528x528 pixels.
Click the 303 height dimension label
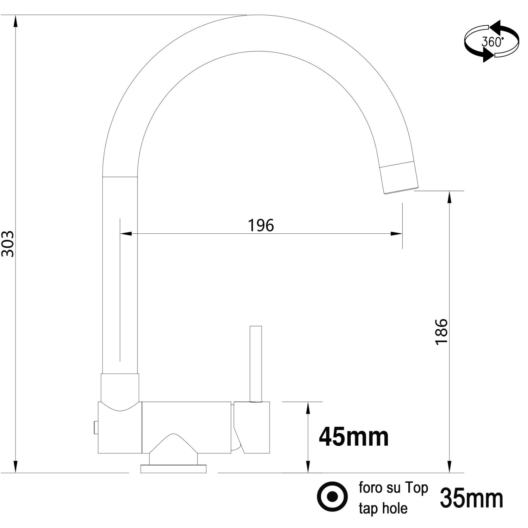tap(8, 244)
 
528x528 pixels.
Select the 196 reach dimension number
tap(261, 225)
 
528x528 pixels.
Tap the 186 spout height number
tap(441, 332)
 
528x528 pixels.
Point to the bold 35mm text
tap(472, 498)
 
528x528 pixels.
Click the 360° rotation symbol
tap(492, 42)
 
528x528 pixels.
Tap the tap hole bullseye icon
tap(332, 496)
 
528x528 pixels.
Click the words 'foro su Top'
tap(393, 488)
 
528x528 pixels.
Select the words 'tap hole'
tap(383, 508)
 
